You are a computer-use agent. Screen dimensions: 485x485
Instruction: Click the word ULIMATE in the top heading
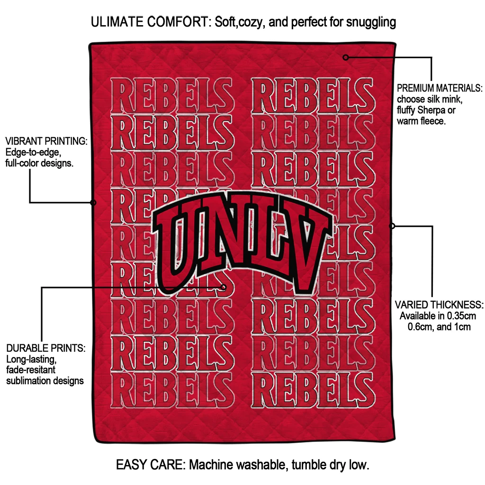[117, 22]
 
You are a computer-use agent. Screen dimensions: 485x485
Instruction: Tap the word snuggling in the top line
[371, 23]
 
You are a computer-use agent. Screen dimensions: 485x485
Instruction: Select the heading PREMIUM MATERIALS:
[440, 88]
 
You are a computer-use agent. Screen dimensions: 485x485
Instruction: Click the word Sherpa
[431, 110]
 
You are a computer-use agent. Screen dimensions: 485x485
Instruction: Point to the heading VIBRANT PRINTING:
[46, 141]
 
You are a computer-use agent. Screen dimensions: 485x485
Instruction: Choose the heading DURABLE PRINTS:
[46, 348]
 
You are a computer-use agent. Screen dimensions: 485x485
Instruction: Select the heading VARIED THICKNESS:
[439, 305]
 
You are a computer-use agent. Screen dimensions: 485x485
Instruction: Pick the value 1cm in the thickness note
[462, 327]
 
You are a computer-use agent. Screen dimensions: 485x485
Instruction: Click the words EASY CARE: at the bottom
[150, 465]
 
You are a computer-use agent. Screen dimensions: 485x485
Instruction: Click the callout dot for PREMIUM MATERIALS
[346, 57]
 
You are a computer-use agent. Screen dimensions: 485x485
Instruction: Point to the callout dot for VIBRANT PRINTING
[93, 203]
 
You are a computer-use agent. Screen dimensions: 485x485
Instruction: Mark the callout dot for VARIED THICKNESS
[392, 226]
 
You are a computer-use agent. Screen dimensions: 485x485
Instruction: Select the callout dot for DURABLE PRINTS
[224, 287]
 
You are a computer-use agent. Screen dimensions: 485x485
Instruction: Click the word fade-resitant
[31, 370]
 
